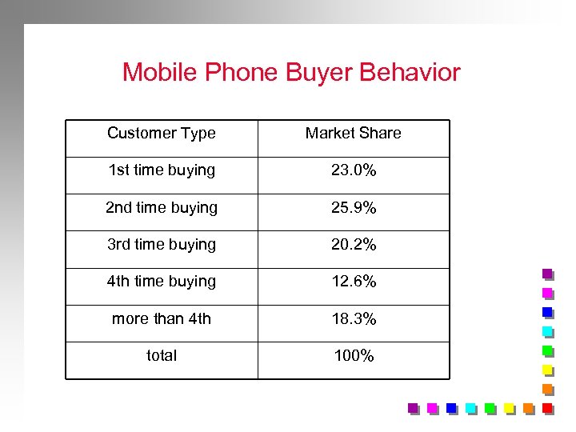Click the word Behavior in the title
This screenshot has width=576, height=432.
point(410,73)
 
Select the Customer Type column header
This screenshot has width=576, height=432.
point(162,134)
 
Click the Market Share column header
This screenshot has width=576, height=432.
point(353,134)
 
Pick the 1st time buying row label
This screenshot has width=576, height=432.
point(162,170)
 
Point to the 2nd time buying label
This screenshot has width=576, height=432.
point(162,207)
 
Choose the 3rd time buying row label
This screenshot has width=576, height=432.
point(162,244)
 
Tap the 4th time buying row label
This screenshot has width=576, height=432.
point(162,281)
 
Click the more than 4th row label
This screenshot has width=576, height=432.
point(162,318)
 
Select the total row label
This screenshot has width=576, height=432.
point(162,355)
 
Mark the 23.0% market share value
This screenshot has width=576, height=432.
point(353,170)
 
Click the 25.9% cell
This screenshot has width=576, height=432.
point(353,207)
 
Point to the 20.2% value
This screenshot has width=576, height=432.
point(353,244)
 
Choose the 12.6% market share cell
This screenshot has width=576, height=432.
point(353,282)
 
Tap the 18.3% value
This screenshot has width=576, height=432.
point(353,318)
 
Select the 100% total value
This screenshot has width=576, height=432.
point(353,355)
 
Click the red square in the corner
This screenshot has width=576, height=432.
point(547,408)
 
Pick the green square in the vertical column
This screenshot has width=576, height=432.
point(547,350)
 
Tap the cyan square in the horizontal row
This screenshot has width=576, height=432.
point(470,408)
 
